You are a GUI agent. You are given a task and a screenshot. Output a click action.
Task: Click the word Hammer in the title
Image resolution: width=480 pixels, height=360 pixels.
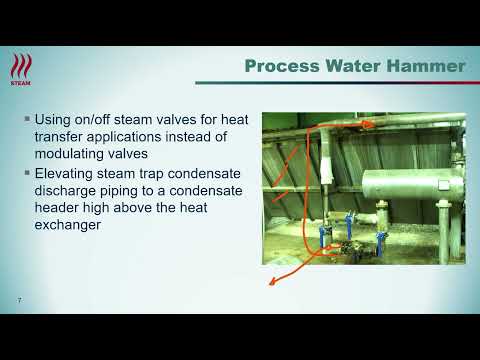coord(428,67)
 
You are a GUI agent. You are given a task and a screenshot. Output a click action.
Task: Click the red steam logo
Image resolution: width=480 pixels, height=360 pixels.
coord(20,69)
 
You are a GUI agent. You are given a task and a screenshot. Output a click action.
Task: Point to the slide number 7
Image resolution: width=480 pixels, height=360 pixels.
coord(18,301)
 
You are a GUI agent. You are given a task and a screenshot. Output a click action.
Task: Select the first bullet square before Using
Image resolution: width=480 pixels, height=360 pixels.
coord(25,119)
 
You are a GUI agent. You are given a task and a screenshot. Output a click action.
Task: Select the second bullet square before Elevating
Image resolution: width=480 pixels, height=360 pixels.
coord(25,172)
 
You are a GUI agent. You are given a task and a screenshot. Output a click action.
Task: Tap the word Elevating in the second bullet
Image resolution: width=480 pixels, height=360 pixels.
coord(70,172)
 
